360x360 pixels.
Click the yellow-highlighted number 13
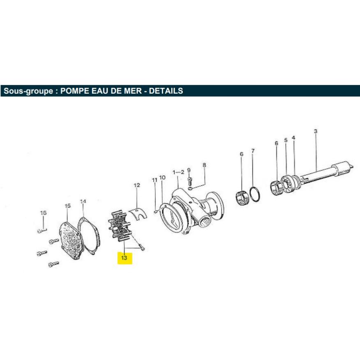click(x=124, y=258)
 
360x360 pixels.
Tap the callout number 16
click(x=44, y=213)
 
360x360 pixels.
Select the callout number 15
click(x=68, y=206)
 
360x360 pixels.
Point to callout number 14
click(x=83, y=201)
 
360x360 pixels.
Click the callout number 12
click(x=137, y=185)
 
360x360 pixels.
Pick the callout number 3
click(x=316, y=132)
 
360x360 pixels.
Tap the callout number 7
click(x=253, y=151)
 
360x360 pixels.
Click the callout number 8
click(x=204, y=165)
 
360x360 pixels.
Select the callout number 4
click(x=293, y=138)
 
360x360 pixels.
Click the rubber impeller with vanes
click(x=119, y=226)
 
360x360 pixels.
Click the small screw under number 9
click(x=189, y=181)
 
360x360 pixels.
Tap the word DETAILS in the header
click(x=166, y=91)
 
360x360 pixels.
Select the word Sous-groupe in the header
click(x=28, y=91)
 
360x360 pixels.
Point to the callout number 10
click(x=162, y=178)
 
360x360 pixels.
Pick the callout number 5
click(x=286, y=140)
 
